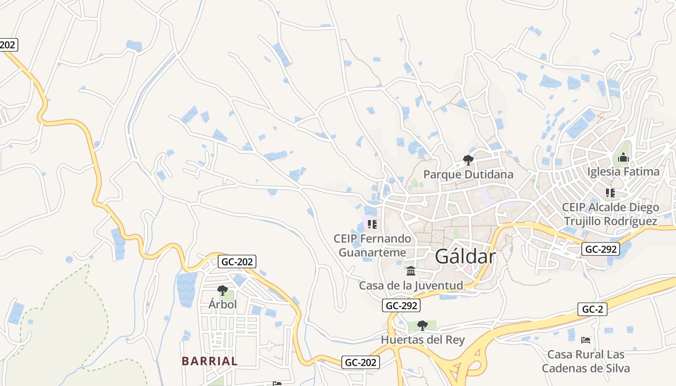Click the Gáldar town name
click(465, 257)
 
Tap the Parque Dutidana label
click(468, 174)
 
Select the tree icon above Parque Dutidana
click(468, 160)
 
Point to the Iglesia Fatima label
click(623, 171)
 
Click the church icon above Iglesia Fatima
click(623, 157)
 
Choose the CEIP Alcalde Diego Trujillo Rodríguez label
click(610, 214)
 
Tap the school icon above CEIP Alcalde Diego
click(610, 193)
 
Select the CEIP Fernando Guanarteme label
click(372, 245)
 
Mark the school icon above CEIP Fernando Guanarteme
click(372, 224)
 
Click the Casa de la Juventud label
click(410, 285)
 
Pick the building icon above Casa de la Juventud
click(411, 271)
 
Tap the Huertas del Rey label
click(422, 340)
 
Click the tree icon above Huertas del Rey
click(422, 326)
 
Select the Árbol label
click(223, 304)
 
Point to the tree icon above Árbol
click(223, 290)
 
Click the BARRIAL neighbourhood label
click(210, 361)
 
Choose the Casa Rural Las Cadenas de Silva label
click(586, 361)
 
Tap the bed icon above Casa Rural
click(586, 340)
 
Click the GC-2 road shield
click(592, 310)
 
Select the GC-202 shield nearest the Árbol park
click(237, 262)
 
